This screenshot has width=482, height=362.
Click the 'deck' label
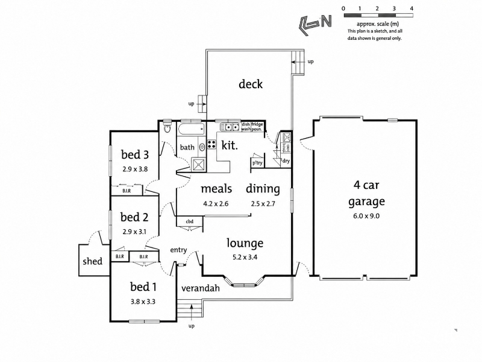pyautogui.click(x=251, y=84)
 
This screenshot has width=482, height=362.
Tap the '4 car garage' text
pyautogui.click(x=366, y=193)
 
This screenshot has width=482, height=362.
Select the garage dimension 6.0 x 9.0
pyautogui.click(x=366, y=216)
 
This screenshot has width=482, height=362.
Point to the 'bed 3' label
pyautogui.click(x=134, y=154)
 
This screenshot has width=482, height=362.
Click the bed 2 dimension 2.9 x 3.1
pyautogui.click(x=134, y=232)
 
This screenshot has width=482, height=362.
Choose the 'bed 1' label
pyautogui.click(x=143, y=287)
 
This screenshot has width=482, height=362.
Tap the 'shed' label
pyautogui.click(x=93, y=261)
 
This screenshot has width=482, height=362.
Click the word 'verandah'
pyautogui.click(x=201, y=288)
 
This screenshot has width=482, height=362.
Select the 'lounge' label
pyautogui.click(x=245, y=243)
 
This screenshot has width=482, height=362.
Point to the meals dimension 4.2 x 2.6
pyautogui.click(x=216, y=203)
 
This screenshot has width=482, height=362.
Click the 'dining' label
pyautogui.click(x=263, y=189)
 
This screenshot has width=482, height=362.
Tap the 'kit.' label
pyautogui.click(x=230, y=145)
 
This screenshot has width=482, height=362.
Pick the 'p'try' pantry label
pyautogui.click(x=257, y=163)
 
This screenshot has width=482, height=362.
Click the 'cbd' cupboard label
pyautogui.click(x=190, y=221)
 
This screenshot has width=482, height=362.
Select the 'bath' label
pyautogui.click(x=187, y=147)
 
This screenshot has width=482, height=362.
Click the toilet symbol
pyautogui.click(x=167, y=127)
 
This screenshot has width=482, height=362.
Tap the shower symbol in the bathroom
pyautogui.click(x=199, y=164)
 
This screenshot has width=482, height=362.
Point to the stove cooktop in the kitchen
pyautogui.click(x=211, y=144)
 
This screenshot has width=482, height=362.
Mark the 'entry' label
pyautogui.click(x=178, y=250)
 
